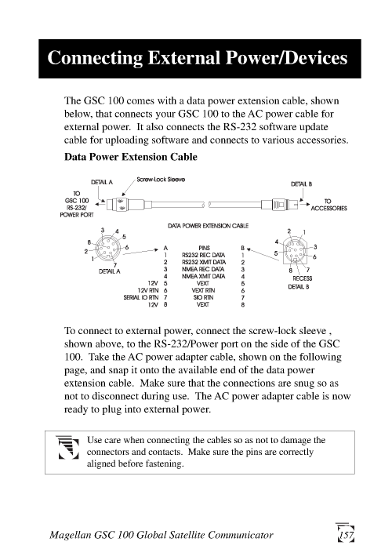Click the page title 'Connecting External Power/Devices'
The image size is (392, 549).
(x=195, y=59)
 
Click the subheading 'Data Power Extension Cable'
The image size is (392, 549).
(x=131, y=157)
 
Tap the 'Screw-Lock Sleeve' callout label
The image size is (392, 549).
(x=161, y=180)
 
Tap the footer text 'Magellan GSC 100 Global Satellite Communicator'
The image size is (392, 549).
(x=162, y=535)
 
